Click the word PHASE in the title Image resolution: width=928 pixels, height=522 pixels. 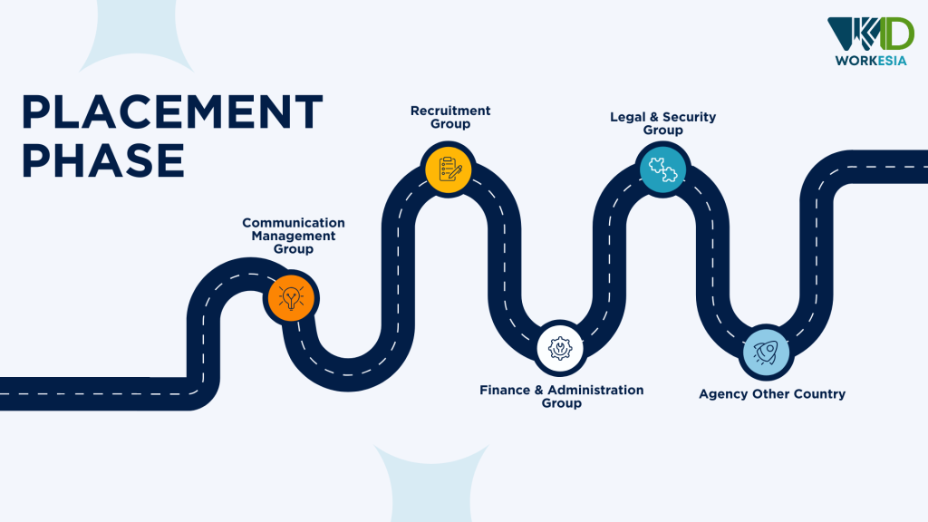pyautogui.click(x=103, y=159)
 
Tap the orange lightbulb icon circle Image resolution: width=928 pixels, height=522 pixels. pyautogui.click(x=291, y=296)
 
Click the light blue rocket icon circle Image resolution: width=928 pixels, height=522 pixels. pyautogui.click(x=766, y=352)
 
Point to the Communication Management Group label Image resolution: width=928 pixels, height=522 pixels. pyautogui.click(x=294, y=236)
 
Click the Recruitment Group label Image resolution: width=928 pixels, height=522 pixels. pyautogui.click(x=450, y=117)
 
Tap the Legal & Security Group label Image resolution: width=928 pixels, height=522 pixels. pyautogui.click(x=662, y=123)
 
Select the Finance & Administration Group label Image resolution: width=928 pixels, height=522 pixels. pyautogui.click(x=561, y=396)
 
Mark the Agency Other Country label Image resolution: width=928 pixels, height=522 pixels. pyautogui.click(x=772, y=394)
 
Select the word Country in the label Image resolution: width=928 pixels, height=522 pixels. pyautogui.click(x=817, y=394)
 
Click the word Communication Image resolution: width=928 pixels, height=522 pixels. pyautogui.click(x=294, y=223)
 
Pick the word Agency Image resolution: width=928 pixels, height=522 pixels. pyautogui.click(x=722, y=394)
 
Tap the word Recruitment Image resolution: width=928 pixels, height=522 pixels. pyautogui.click(x=450, y=111)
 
